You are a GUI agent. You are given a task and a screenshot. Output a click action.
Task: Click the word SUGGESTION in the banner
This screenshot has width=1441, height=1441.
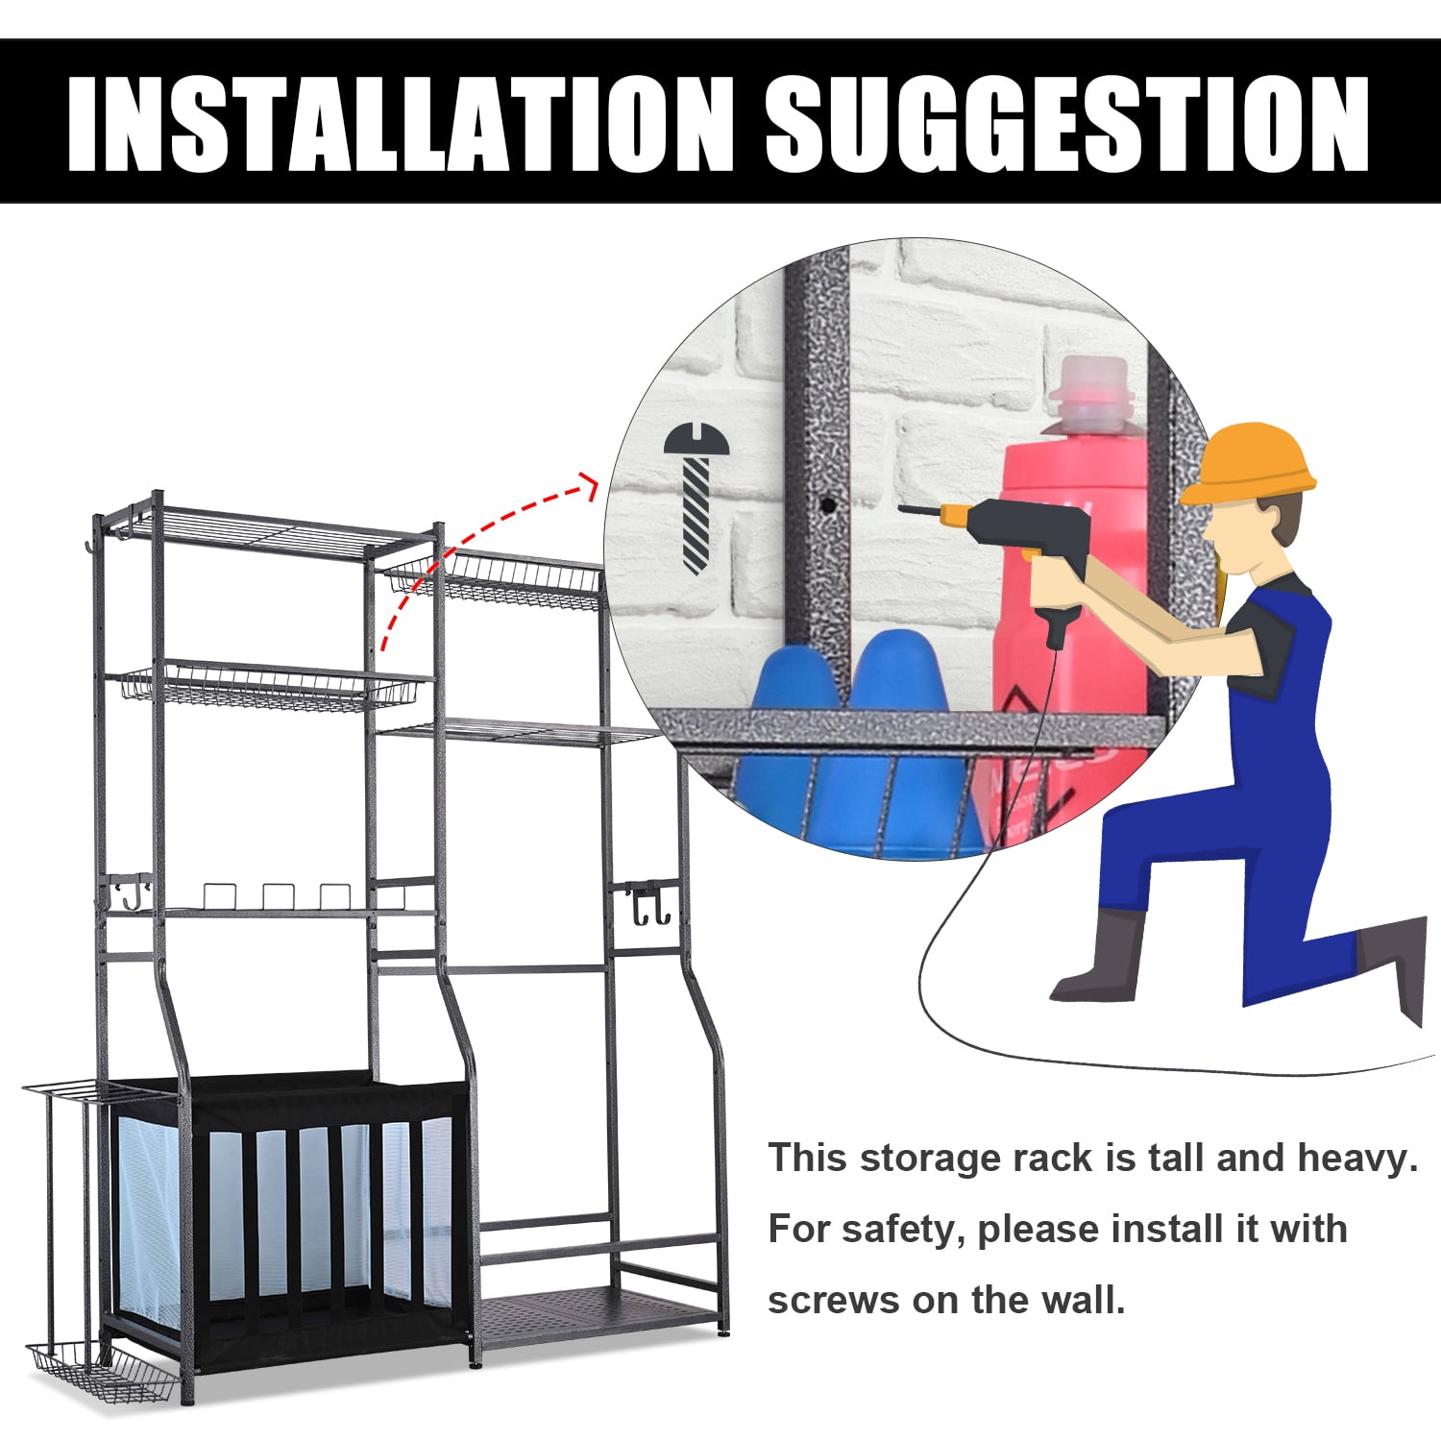(x=1067, y=123)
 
